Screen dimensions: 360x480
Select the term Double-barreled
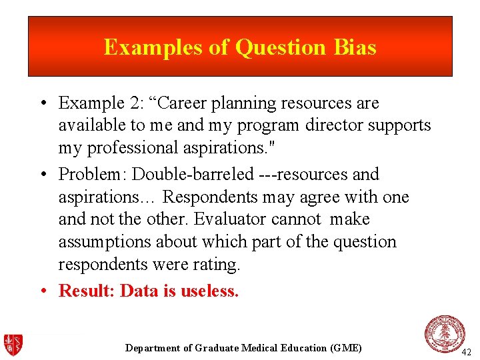click(x=193, y=175)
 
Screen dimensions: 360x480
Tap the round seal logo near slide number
click(x=445, y=334)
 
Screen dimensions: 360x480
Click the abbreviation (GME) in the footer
click(x=345, y=348)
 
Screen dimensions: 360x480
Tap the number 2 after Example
click(x=117, y=103)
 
